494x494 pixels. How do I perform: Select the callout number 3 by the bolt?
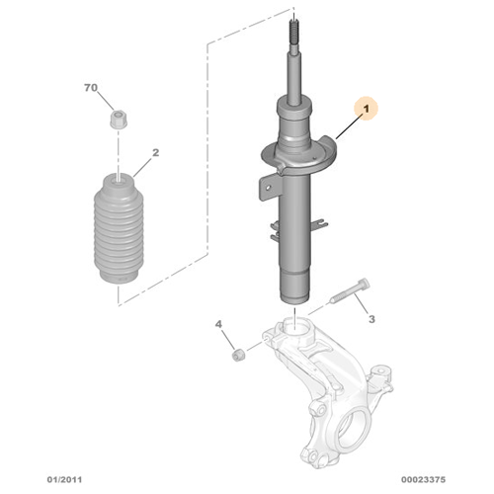point(371,319)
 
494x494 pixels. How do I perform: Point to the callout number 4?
point(220,323)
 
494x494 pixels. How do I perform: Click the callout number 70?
point(91,89)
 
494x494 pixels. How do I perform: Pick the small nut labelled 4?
point(237,353)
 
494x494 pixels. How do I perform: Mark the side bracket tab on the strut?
point(267,184)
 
